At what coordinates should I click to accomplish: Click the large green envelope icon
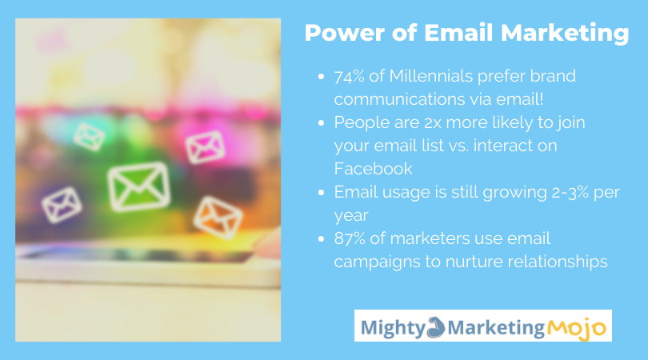139,186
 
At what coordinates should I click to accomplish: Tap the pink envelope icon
205,146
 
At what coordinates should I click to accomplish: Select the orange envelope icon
218,218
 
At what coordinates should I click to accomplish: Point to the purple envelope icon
62,205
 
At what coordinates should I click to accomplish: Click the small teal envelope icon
90,136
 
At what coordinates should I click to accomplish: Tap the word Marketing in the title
565,34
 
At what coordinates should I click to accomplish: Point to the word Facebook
373,169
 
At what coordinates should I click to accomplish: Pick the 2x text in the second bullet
433,122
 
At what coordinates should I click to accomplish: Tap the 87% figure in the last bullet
350,238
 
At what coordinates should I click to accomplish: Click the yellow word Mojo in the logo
577,328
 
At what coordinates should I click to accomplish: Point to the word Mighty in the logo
393,328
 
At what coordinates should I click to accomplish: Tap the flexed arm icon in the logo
435,327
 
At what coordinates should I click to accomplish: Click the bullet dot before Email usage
321,192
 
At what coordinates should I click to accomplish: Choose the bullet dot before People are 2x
321,122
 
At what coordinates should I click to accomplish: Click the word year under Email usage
351,216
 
